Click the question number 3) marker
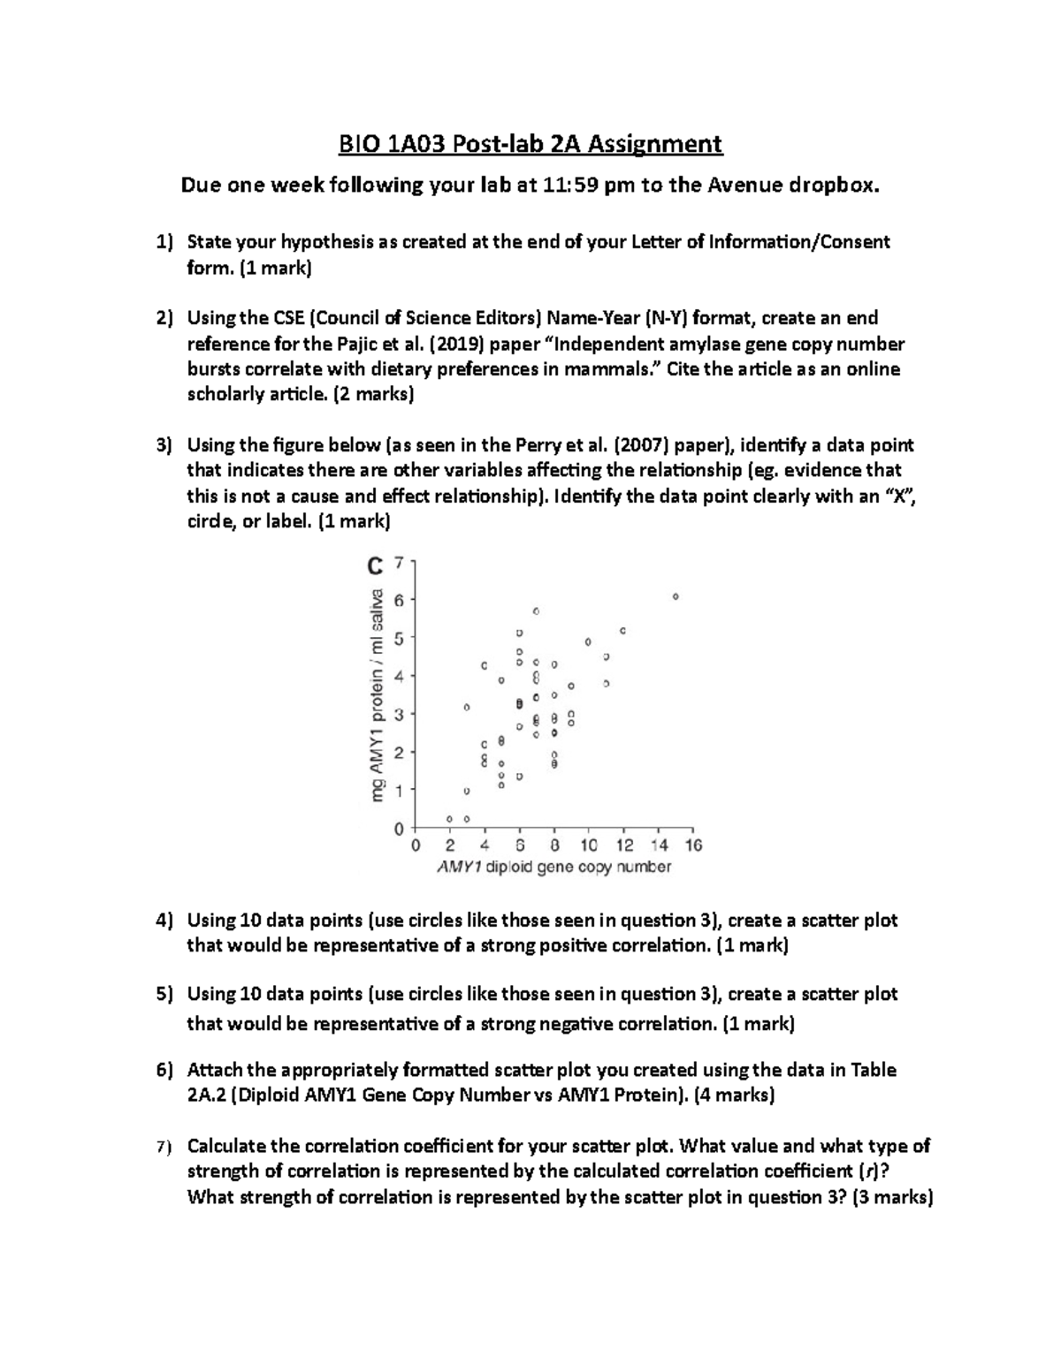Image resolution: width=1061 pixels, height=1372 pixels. pos(164,444)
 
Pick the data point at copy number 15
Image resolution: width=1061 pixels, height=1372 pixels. pos(676,597)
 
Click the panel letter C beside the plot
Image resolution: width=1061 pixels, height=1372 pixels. pos(375,565)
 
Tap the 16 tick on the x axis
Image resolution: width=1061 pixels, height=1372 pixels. pos(693,846)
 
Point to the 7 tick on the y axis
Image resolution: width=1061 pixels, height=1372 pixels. pos(399,562)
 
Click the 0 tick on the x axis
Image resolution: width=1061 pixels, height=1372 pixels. pos(416,846)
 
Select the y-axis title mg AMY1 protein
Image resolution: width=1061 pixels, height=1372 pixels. pos(378,695)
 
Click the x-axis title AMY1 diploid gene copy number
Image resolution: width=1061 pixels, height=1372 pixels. pos(554,868)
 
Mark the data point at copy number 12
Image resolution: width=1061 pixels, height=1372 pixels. pos(623,631)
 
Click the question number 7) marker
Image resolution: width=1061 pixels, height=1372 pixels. pos(162,1147)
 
